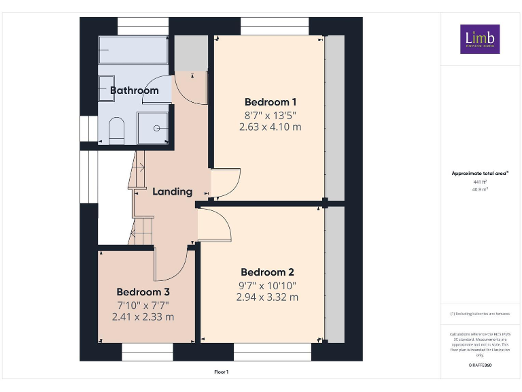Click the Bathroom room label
pos(134,90)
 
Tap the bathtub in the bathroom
pos(133,50)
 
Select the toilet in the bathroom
pos(116,131)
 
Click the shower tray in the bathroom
pos(154,128)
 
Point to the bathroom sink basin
pos(105,88)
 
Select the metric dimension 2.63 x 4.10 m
pos(270,127)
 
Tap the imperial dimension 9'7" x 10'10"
pos(267,285)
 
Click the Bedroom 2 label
pos(267,272)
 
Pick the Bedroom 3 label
pos(143,292)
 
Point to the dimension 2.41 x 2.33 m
pos(143,316)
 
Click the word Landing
pos(172,192)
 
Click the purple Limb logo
pos(480,39)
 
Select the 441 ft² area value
pos(480,182)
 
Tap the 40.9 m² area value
pos(480,190)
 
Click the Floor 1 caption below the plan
pos(222,372)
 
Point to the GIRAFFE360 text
pos(480,365)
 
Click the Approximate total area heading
pos(480,174)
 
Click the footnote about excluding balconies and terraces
pos(480,314)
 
